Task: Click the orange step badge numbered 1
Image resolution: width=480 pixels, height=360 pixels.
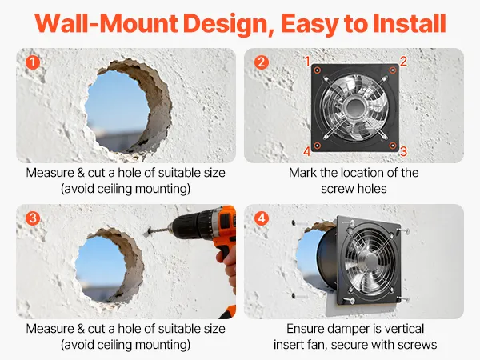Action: [x=33, y=62]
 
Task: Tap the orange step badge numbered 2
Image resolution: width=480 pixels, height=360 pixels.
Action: [x=261, y=62]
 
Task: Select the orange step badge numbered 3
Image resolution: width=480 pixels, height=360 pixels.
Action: [x=33, y=218]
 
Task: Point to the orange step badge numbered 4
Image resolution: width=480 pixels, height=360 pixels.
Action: [x=261, y=218]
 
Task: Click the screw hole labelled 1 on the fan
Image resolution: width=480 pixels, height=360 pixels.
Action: [x=318, y=70]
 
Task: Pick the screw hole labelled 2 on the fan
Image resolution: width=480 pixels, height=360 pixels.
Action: [x=393, y=70]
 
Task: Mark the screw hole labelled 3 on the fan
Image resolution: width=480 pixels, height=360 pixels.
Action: [x=393, y=145]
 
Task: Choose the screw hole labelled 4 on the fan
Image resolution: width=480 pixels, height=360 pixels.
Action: [x=318, y=146]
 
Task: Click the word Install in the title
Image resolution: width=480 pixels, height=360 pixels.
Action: [x=409, y=23]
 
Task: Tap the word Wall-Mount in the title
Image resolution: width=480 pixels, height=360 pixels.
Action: [x=106, y=23]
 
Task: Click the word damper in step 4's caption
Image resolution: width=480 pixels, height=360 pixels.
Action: [x=348, y=329]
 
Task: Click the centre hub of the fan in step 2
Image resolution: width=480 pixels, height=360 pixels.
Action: [x=354, y=107]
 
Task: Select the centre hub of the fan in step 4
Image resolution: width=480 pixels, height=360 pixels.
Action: [x=368, y=262]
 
